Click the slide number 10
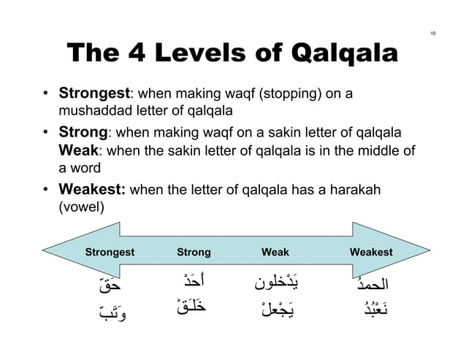[433, 34]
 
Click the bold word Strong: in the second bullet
[83, 134]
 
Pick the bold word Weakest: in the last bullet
[93, 190]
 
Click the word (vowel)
[82, 207]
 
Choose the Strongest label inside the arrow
[110, 253]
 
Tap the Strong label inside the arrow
[194, 253]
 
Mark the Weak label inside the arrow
[275, 253]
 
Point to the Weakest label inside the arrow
[371, 253]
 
